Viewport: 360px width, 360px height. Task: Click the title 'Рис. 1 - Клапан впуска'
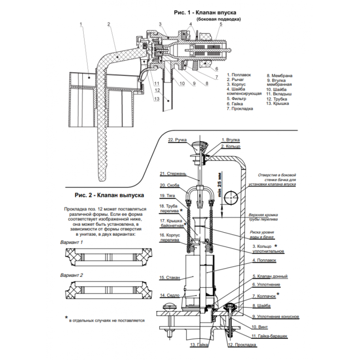205,12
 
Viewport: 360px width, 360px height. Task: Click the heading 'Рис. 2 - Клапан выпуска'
109,195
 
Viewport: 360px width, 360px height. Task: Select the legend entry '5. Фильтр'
237,99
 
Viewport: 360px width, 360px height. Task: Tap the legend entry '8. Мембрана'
280,76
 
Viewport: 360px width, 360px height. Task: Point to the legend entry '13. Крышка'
278,104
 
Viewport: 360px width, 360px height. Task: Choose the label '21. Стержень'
173,174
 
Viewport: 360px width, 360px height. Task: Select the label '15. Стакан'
170,278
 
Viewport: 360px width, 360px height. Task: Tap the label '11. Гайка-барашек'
269,336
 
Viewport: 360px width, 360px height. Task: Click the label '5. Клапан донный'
270,277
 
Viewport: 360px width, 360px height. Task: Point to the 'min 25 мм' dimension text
220,184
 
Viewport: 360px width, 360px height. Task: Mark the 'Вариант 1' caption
71,242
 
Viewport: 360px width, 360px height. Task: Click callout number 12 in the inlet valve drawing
157,90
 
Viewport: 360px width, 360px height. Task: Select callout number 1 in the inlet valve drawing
81,24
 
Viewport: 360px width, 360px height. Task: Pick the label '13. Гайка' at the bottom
199,345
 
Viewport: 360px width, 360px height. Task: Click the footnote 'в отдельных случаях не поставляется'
107,320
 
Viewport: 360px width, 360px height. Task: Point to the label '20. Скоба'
169,185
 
